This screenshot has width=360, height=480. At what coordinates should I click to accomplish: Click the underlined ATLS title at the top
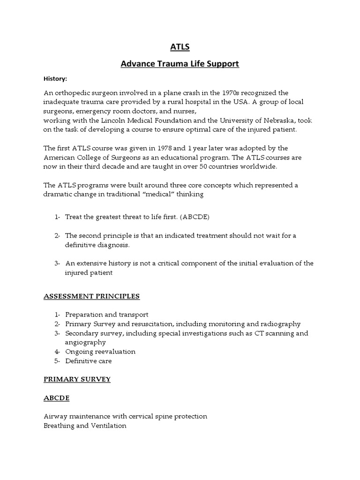(x=180, y=47)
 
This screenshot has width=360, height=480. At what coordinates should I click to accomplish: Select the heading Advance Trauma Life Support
(x=180, y=64)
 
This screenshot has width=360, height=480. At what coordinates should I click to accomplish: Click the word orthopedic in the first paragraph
(x=73, y=93)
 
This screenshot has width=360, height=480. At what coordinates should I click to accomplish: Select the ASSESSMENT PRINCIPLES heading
(x=91, y=296)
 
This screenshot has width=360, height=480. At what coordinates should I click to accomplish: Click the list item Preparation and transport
(x=106, y=315)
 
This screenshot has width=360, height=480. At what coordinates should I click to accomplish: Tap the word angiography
(x=86, y=342)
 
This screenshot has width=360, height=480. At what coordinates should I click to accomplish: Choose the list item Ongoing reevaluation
(x=100, y=352)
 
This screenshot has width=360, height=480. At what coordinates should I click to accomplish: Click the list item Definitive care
(x=89, y=361)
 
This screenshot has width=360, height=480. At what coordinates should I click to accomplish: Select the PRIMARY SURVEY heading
(x=77, y=379)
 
